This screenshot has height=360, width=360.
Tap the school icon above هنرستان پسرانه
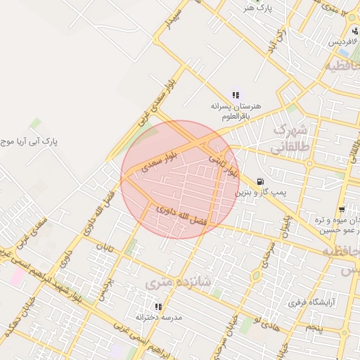[236, 95]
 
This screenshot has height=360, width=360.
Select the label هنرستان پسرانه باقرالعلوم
[236, 110]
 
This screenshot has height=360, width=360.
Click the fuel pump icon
[262, 180]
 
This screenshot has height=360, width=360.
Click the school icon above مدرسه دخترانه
[157, 307]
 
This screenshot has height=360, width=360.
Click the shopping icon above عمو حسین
[342, 210]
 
